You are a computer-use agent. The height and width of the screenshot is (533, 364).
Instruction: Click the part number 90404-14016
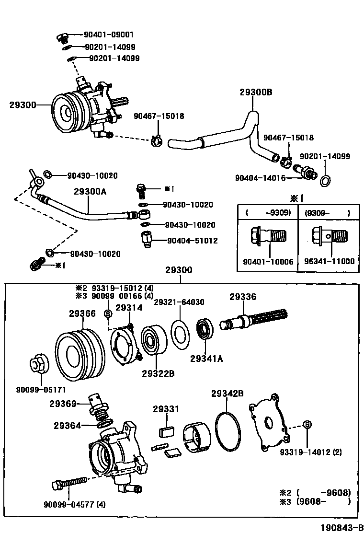260,177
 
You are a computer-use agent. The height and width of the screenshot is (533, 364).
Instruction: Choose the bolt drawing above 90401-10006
268,236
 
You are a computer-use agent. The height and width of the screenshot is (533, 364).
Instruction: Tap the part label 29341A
207,358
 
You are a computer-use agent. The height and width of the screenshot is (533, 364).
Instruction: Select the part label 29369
63,404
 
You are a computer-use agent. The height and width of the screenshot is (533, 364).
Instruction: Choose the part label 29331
166,409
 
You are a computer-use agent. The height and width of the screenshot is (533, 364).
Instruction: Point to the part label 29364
67,425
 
